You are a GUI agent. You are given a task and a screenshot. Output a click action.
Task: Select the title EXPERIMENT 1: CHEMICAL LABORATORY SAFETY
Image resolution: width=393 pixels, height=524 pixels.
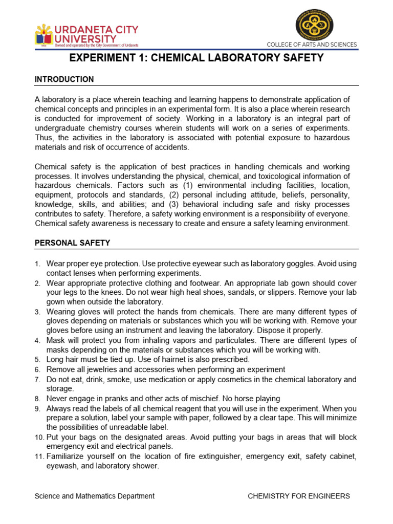(x=196, y=58)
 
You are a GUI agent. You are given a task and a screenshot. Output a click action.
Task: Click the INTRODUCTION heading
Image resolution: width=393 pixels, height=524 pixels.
(x=64, y=79)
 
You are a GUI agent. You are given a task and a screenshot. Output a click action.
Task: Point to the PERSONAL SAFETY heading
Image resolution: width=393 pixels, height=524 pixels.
(x=72, y=243)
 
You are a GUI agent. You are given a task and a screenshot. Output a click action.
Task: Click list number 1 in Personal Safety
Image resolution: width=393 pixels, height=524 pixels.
(x=37, y=264)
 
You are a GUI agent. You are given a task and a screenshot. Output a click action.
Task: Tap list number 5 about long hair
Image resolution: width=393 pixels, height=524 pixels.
(x=37, y=360)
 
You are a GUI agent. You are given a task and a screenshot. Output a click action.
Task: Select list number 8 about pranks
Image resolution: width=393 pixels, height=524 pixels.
(x=37, y=399)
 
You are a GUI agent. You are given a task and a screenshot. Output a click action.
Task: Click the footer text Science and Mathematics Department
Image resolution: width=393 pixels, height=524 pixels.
(x=94, y=496)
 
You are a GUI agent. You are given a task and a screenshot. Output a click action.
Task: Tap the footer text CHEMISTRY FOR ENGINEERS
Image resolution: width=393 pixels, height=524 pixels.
(x=299, y=496)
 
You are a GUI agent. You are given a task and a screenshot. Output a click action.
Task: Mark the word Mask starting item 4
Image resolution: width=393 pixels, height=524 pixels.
(x=56, y=340)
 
